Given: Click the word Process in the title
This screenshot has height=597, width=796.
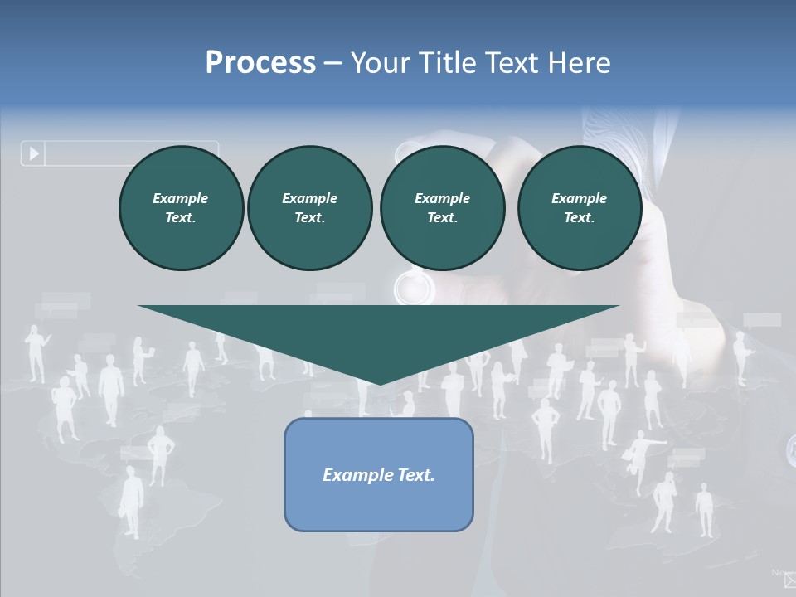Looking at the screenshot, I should coord(260,62).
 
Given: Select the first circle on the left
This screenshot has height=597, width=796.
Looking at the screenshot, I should coord(181,208).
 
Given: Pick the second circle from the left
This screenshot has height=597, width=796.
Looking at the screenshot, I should coord(309,208).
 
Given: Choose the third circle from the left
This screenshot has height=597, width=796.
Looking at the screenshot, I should coord(442,208).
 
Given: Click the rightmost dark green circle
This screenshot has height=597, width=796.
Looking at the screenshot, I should coord(579,208).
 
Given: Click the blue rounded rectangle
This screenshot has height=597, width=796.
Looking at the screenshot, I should coord(379,474).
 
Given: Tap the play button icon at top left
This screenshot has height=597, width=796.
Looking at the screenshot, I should coord(34,153).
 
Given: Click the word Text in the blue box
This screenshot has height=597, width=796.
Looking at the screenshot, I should coord(412,475).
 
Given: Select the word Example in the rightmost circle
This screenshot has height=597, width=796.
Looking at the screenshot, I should coord(579,198).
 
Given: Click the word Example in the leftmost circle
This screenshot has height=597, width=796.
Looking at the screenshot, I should coord(181,198).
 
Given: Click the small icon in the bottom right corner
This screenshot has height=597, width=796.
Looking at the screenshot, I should coord(789,580).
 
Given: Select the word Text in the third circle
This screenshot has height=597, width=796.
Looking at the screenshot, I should coord(442,218).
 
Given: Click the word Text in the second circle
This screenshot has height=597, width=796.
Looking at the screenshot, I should coord(309,218).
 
